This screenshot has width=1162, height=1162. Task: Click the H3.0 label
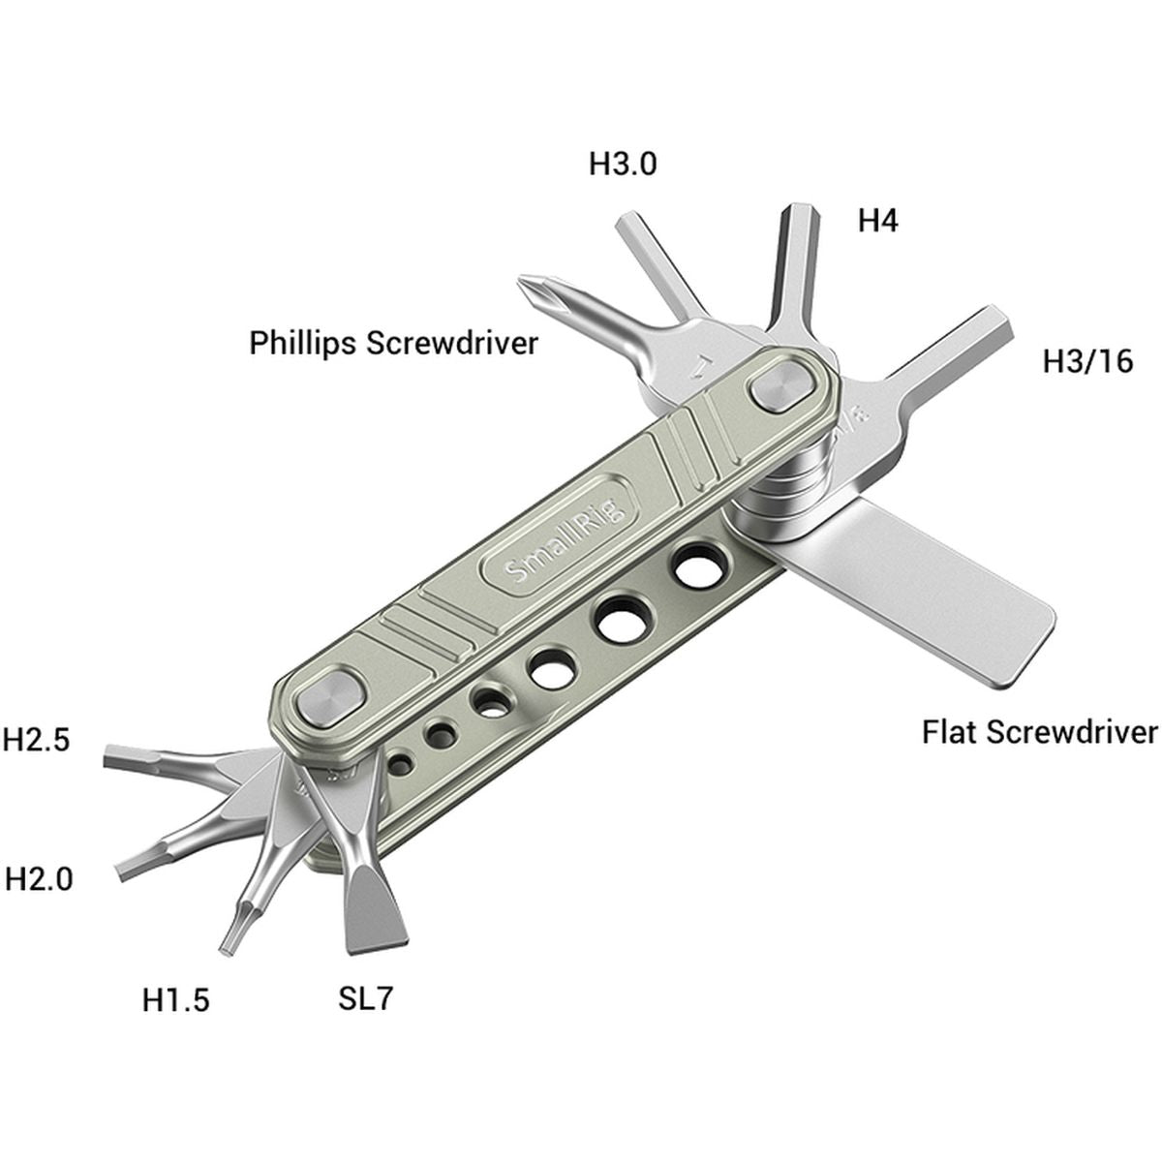tap(623, 165)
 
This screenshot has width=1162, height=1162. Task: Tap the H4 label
tap(877, 222)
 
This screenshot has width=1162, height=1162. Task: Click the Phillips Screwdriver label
tap(393, 344)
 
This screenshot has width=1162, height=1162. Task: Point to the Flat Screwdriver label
tap(1039, 732)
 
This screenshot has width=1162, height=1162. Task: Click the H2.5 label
tap(37, 740)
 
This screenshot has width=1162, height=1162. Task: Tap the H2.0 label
tap(39, 879)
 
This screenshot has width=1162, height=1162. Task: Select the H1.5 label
tap(175, 998)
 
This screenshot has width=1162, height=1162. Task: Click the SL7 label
tap(366, 998)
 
